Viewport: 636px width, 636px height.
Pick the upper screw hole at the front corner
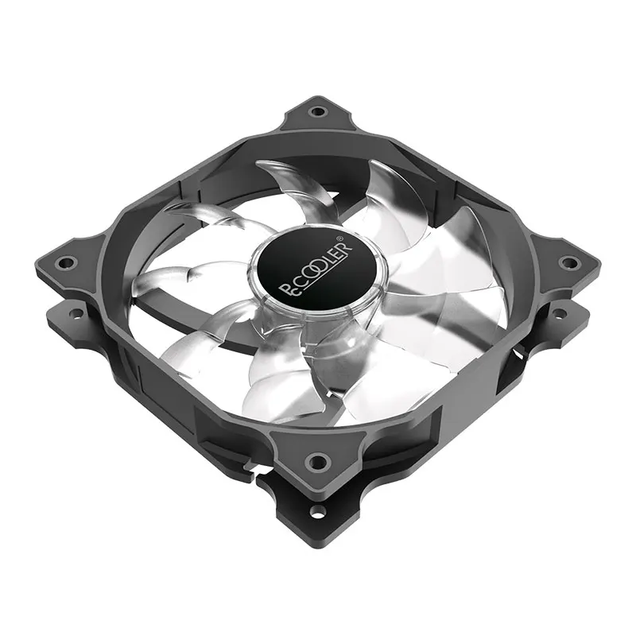[x=318, y=460]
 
